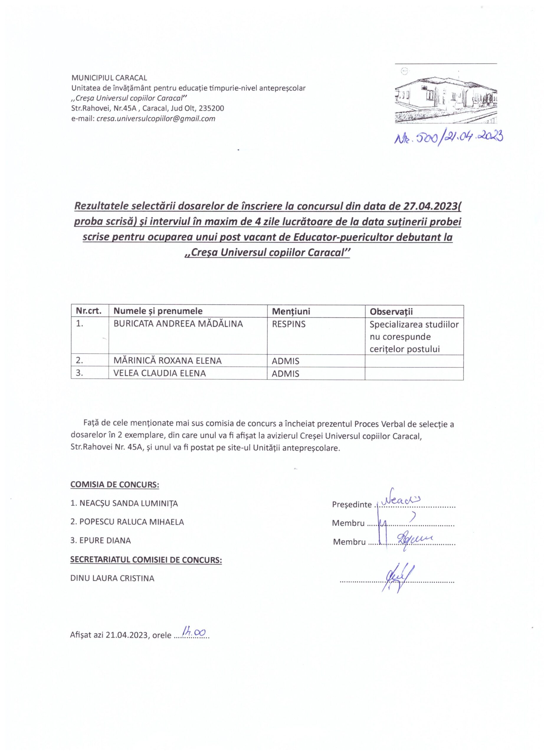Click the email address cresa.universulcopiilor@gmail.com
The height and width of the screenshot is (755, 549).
(x=156, y=119)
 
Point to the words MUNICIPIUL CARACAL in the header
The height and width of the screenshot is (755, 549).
(x=109, y=78)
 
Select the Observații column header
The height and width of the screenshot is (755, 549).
(x=391, y=312)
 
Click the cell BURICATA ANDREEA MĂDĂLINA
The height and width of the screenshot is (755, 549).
(x=178, y=324)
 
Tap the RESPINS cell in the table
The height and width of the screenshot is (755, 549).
(x=288, y=324)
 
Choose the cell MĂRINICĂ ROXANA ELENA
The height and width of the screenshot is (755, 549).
(x=168, y=361)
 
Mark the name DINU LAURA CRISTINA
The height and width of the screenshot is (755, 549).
(x=112, y=578)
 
